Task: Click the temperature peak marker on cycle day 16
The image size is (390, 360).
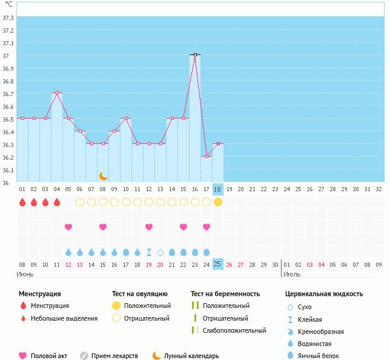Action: (195, 54)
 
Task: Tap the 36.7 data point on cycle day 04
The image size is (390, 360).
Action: (57, 93)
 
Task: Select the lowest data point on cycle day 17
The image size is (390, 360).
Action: (207, 156)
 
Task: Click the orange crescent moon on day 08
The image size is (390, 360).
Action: (103, 176)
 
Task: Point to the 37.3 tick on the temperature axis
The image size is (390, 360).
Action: (8, 18)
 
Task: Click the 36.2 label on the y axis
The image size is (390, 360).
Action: (8, 157)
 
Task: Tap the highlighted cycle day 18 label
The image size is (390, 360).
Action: (218, 189)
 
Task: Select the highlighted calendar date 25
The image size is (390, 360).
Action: (218, 264)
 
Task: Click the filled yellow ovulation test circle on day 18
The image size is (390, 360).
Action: (218, 201)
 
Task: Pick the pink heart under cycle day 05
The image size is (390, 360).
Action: (68, 227)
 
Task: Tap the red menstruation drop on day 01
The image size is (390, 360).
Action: (22, 201)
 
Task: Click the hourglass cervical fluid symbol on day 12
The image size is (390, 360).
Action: (149, 252)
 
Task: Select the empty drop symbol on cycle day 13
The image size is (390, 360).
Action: (160, 252)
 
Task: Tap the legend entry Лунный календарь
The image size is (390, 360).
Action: (191, 356)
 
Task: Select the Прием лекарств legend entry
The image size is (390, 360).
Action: (114, 356)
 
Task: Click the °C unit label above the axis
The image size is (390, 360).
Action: (8, 4)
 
